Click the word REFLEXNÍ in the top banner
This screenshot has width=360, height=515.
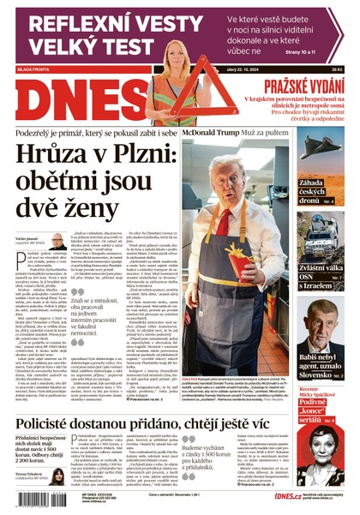coord(58,23)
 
